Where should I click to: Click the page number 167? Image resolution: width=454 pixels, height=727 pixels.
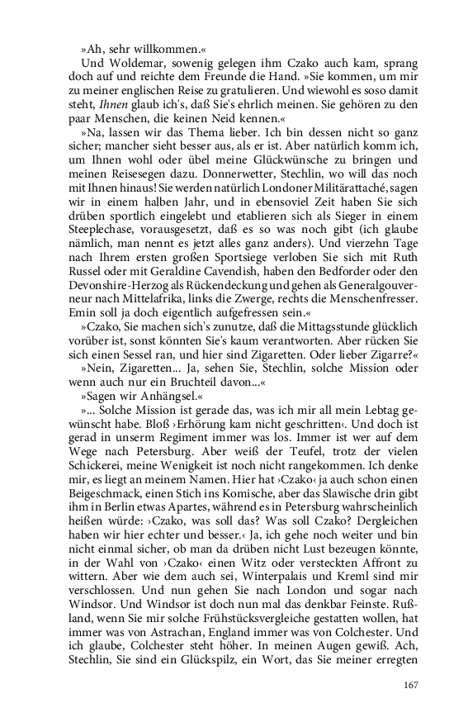[x=411, y=684]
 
